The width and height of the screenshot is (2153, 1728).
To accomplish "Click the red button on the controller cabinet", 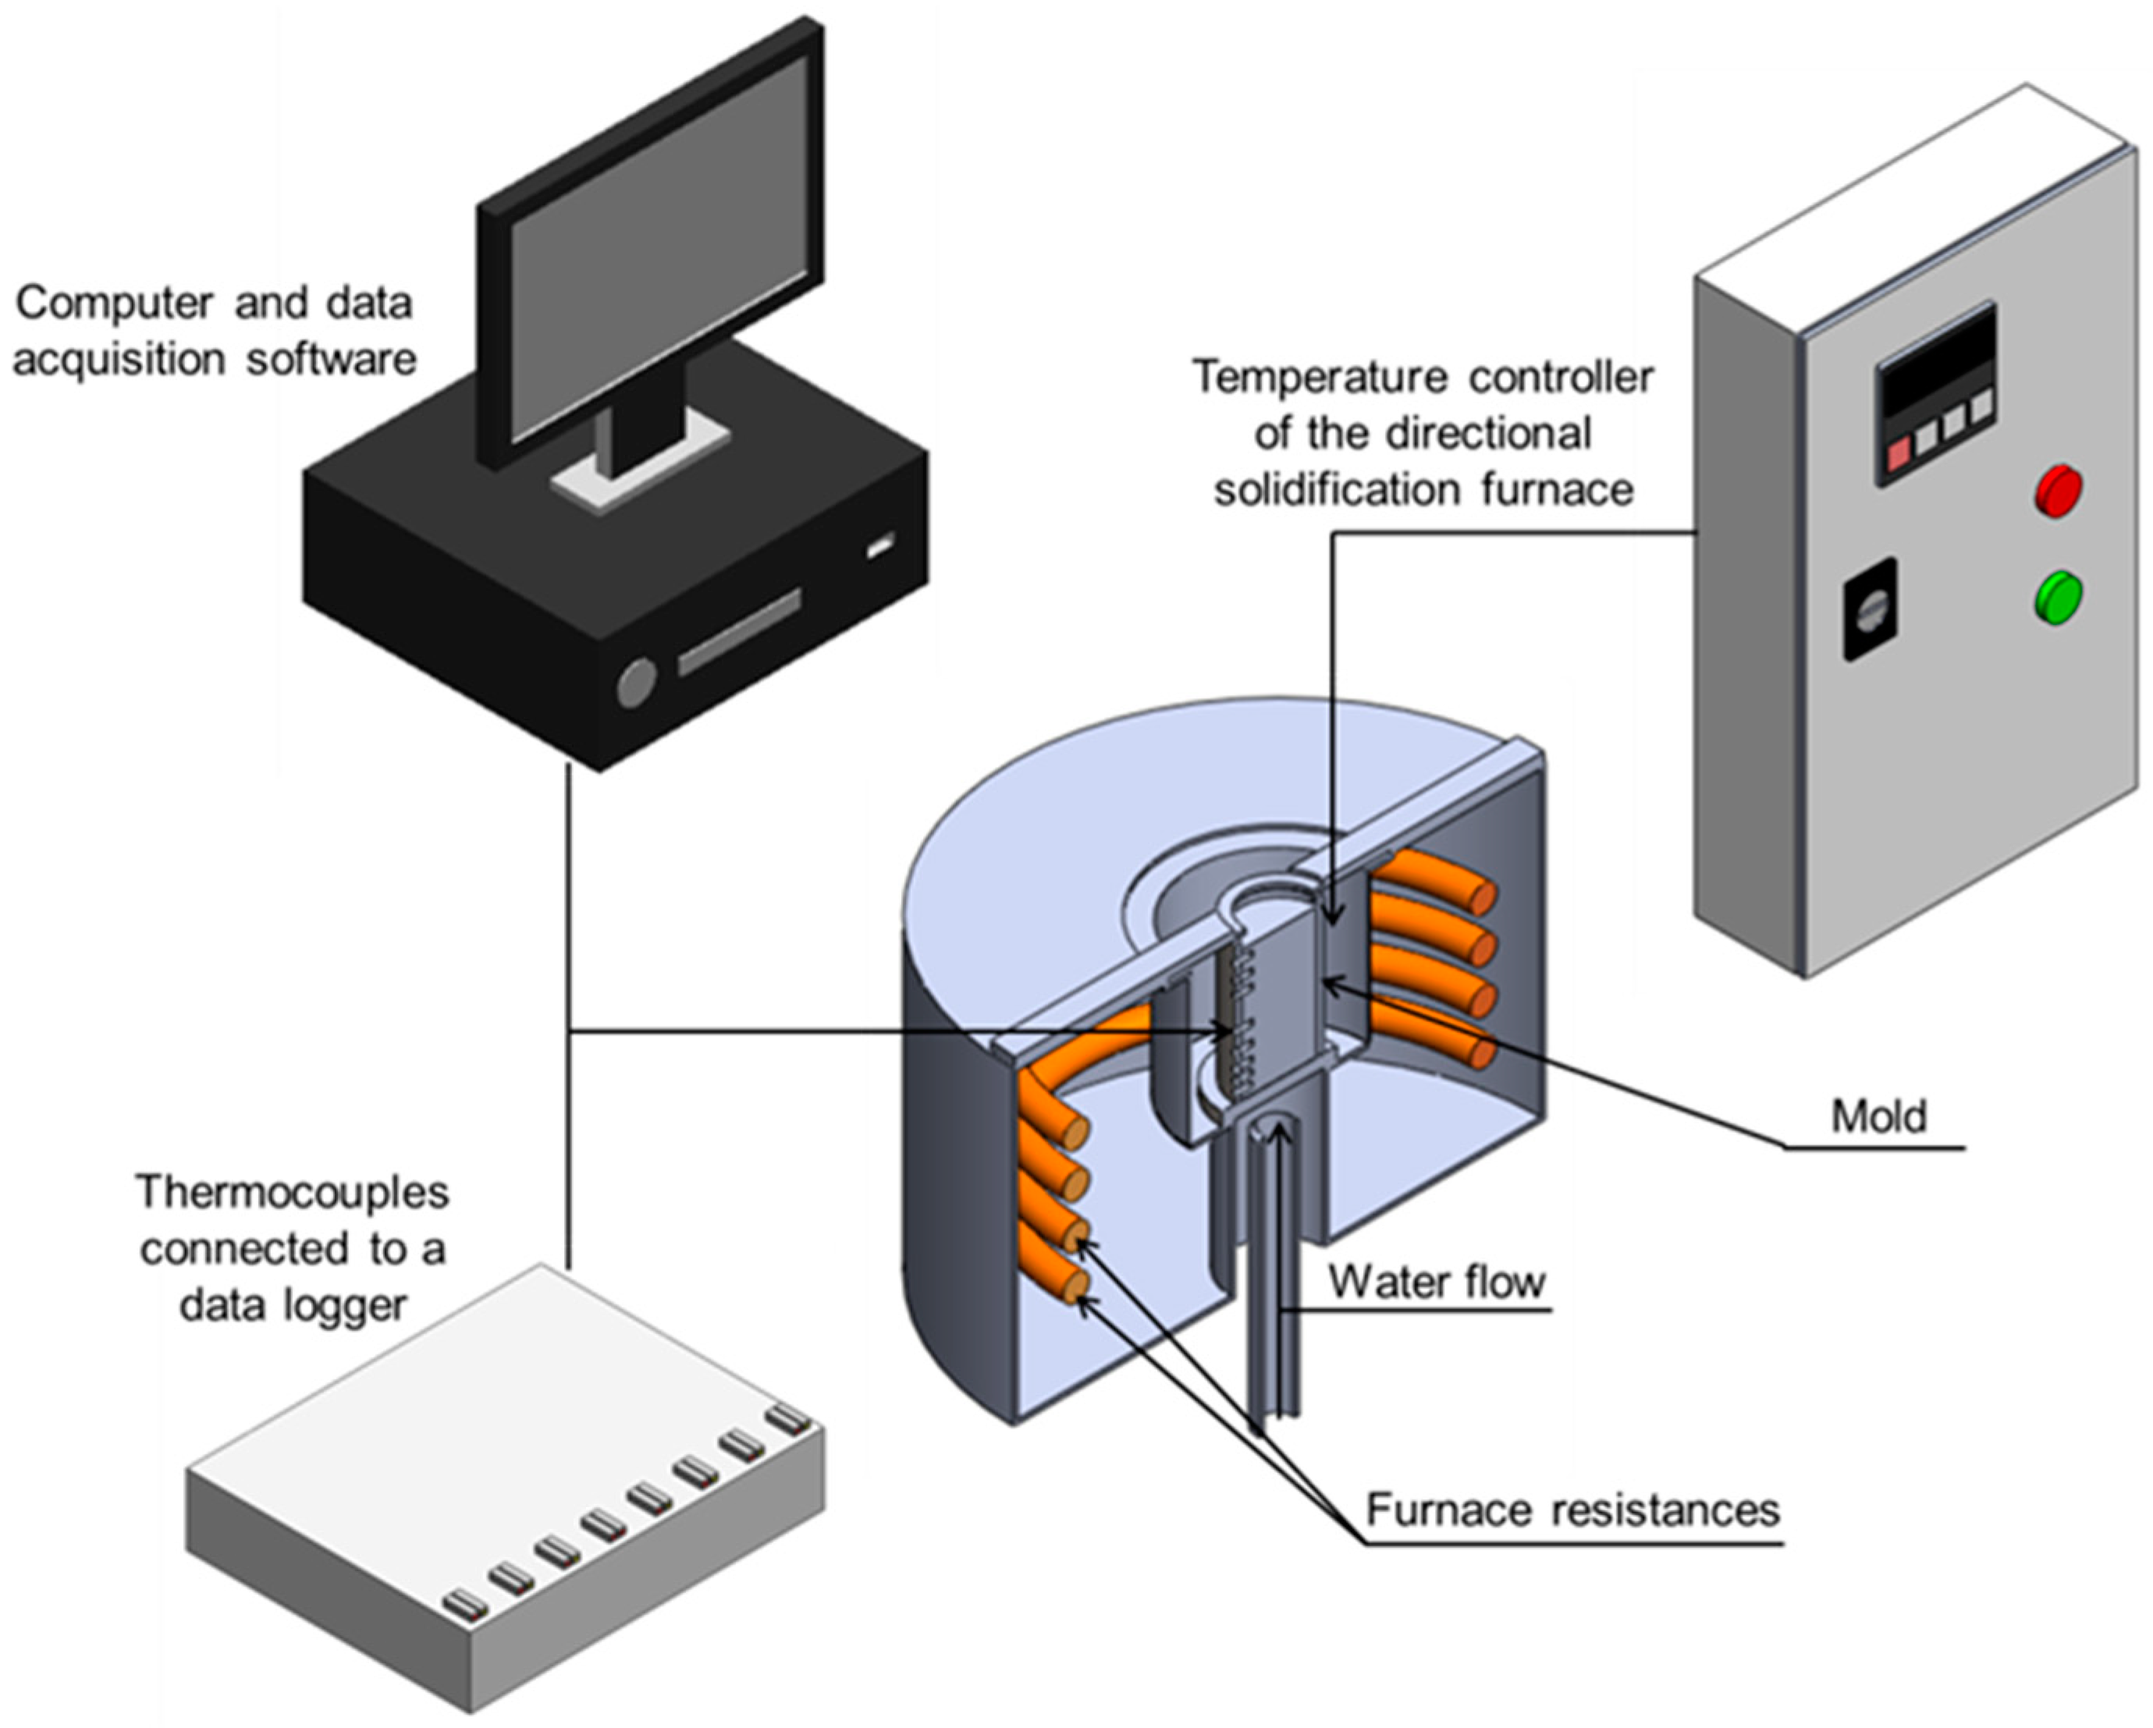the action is [2058, 490].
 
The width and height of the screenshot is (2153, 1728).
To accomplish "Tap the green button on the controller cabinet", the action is [2058, 597].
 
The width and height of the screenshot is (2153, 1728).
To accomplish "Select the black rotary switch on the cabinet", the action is [1870, 608].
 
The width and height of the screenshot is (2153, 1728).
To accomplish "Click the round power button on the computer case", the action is [636, 683].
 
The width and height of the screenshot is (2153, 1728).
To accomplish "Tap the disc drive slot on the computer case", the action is [739, 632].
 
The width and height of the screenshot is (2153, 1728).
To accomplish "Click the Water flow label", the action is [1437, 1281].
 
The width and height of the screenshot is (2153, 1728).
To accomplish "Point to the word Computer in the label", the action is [115, 303].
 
